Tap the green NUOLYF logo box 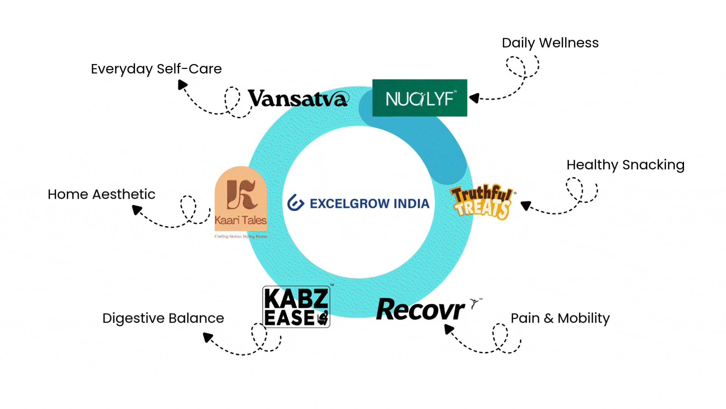(x=420, y=98)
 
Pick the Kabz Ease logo (x=296, y=307)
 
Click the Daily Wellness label (x=550, y=43)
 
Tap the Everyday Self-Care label (x=156, y=69)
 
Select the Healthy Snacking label (x=625, y=165)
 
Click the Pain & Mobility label (x=560, y=318)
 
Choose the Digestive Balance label (x=163, y=318)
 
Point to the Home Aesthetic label (x=101, y=194)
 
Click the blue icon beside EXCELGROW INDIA (x=296, y=203)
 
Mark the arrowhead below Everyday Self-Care (x=182, y=85)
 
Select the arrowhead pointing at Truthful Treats (x=526, y=206)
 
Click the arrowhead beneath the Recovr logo (x=449, y=329)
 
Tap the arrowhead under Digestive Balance (x=208, y=337)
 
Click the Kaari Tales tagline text (x=241, y=236)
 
